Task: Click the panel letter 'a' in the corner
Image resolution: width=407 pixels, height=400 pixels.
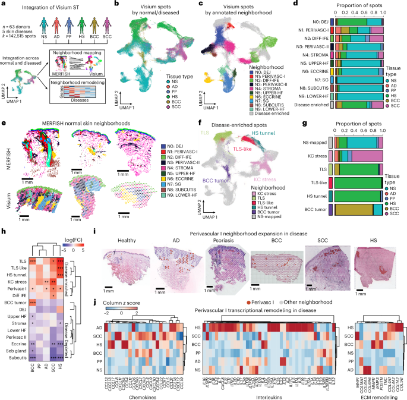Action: tap(4, 4)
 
